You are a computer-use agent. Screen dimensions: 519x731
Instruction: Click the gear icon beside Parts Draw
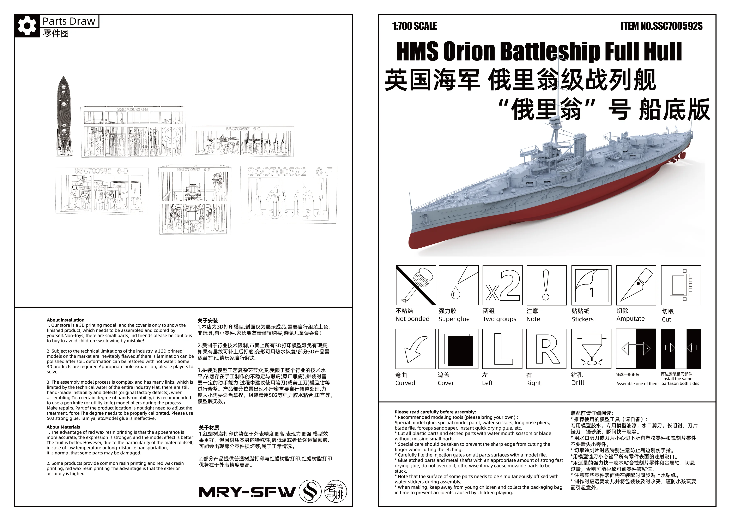pos(27,25)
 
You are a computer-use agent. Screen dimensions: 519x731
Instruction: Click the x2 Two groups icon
pos(502,285)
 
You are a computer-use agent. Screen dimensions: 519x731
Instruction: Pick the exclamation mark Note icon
pos(546,285)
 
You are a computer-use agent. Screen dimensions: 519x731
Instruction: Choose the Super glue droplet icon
pos(458,285)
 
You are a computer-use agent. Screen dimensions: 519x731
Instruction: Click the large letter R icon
pos(546,349)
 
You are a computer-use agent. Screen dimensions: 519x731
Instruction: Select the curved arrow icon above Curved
pos(415,349)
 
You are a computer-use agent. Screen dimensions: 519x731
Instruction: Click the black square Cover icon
pos(458,349)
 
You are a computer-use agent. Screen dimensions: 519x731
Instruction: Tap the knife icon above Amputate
pos(636,285)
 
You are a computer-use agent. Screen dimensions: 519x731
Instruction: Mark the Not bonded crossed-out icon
pos(416,285)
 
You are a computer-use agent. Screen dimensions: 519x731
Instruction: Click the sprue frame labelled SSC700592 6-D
pos(102,191)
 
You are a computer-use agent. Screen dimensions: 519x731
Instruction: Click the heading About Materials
pos(63,427)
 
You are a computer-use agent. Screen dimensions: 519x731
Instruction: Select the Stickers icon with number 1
pos(591,285)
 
